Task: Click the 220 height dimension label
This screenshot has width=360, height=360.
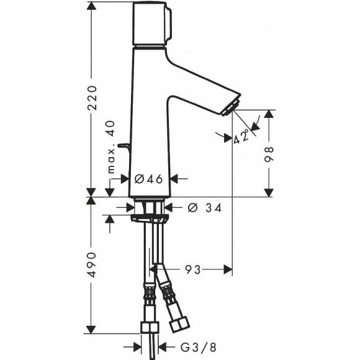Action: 92,98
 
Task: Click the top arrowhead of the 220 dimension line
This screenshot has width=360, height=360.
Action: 92,5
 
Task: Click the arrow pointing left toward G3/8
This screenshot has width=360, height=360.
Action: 163,348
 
